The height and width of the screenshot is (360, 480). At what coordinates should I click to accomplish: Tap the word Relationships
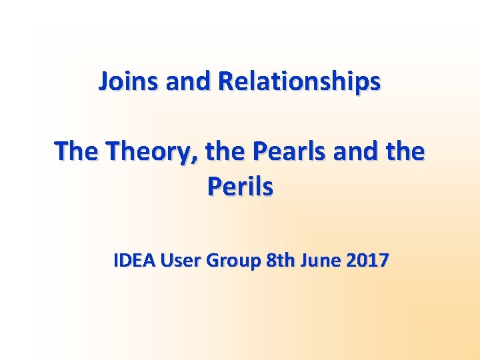(x=299, y=81)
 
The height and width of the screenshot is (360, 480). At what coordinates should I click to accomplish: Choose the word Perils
(x=240, y=187)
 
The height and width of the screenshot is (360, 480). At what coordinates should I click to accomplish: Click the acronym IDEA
(x=135, y=261)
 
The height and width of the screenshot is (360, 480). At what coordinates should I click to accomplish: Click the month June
(x=320, y=261)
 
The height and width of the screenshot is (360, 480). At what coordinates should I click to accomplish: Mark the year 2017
(x=367, y=261)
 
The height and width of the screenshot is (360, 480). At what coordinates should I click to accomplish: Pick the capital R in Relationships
(x=225, y=81)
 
